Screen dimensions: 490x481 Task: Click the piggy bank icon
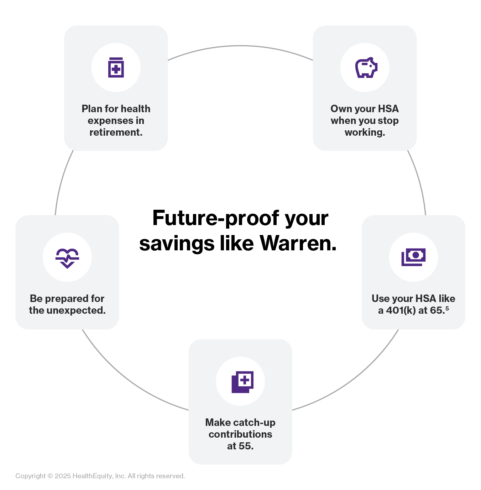tap(366, 67)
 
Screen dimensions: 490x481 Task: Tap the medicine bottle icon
tap(116, 67)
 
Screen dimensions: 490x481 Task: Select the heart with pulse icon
tap(67, 258)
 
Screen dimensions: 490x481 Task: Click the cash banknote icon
tap(413, 257)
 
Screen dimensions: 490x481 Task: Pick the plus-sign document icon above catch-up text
tap(242, 382)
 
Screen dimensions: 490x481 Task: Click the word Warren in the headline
tap(298, 244)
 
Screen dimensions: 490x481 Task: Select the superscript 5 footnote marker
tap(447, 308)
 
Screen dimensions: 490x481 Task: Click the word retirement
tap(116, 132)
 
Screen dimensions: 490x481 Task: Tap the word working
tap(365, 132)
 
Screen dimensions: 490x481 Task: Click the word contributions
tap(240, 434)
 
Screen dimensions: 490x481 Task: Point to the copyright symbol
tap(50, 476)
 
